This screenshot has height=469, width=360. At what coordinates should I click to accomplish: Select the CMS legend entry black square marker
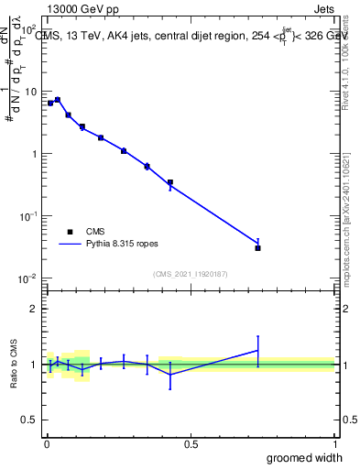70,232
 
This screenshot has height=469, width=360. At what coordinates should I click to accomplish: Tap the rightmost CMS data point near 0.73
258,247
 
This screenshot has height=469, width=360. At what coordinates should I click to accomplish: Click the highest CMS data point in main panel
57,100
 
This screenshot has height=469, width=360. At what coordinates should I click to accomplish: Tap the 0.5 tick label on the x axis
191,444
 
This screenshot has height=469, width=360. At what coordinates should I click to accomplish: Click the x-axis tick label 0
47,444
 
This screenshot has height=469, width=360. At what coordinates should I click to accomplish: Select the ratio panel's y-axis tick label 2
33,309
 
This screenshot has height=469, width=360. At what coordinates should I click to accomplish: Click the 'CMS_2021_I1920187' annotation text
190,274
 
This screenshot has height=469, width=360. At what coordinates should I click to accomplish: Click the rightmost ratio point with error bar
258,350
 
